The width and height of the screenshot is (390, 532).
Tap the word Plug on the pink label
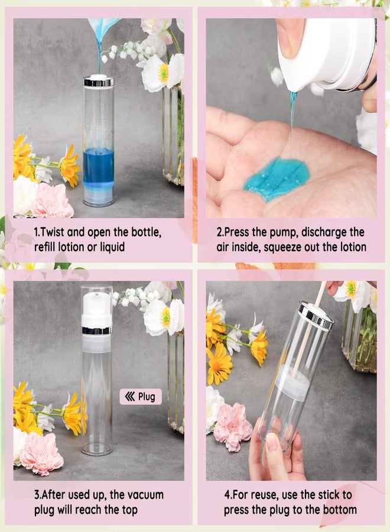[x=147, y=397]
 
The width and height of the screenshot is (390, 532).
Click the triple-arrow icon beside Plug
[x=129, y=397]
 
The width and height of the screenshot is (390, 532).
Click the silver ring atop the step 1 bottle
[x=98, y=82]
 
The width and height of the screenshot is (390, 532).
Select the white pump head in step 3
[x=96, y=309]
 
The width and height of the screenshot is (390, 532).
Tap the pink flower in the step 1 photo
[x=52, y=202]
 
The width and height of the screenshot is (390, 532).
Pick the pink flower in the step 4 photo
[x=232, y=426]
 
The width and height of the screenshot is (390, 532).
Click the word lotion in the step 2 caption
[x=350, y=247]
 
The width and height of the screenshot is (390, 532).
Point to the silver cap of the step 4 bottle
[x=315, y=314]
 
